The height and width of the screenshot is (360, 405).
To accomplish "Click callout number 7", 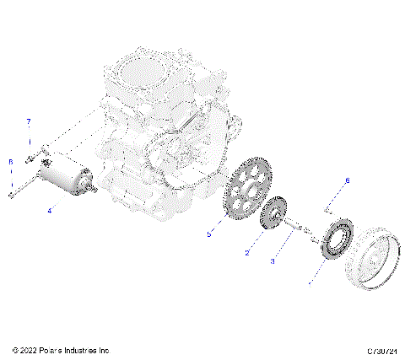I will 28,121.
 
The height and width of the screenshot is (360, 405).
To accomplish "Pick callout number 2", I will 247,251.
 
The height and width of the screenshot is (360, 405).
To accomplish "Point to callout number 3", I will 273,261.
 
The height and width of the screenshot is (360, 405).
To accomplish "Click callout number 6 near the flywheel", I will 344,181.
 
